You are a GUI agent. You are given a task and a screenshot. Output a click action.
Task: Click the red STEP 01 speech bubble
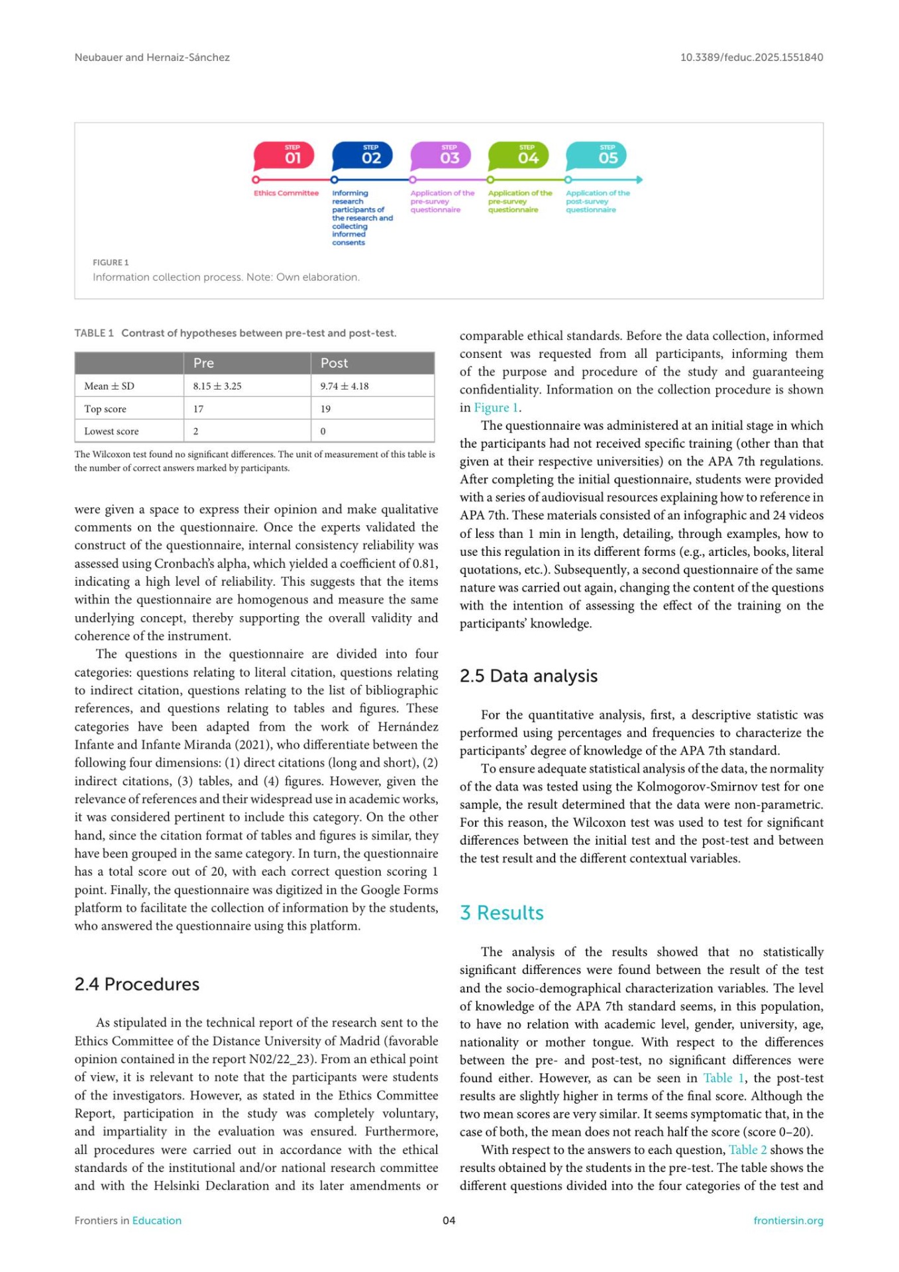[x=284, y=156]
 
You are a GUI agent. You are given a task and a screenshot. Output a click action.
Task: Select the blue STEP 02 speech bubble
[x=362, y=156]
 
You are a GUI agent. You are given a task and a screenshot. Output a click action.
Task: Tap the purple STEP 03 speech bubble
[x=441, y=156]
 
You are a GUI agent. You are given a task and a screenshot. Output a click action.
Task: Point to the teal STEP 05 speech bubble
[x=596, y=156]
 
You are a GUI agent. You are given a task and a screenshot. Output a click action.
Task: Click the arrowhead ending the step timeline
[x=639, y=180]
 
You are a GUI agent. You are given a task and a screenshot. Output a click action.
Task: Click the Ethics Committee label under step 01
[x=286, y=193]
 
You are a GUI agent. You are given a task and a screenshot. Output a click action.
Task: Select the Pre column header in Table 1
[x=203, y=363]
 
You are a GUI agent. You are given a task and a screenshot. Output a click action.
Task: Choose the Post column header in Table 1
[x=334, y=363]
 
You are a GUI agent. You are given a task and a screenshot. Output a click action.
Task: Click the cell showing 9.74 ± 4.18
[x=344, y=386]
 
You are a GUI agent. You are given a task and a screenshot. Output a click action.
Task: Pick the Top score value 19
[x=325, y=409]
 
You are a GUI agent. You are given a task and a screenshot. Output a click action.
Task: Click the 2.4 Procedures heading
[x=137, y=984]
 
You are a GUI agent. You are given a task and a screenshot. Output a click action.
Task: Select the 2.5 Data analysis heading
[x=529, y=676]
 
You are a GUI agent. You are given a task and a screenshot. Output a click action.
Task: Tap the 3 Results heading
[x=502, y=913]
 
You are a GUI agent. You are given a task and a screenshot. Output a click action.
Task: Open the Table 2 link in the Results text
[x=747, y=1150]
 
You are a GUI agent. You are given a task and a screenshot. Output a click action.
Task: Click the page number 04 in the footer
[x=449, y=1220]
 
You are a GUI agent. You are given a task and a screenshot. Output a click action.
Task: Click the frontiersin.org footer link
[x=788, y=1220]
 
